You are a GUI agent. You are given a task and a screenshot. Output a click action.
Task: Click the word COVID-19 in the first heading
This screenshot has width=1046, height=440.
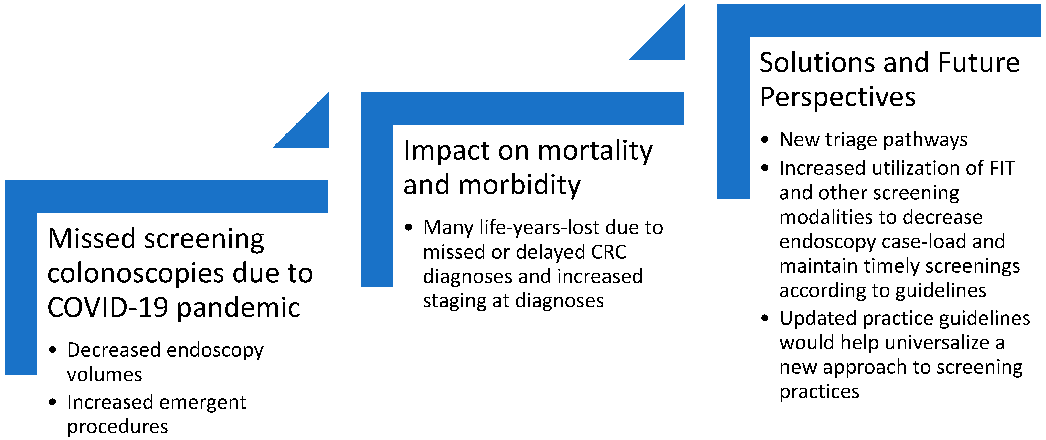click(108, 307)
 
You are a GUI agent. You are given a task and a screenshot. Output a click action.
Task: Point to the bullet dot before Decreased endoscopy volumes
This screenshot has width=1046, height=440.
click(52, 350)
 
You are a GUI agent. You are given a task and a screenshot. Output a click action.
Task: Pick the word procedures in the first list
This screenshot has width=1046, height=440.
click(117, 427)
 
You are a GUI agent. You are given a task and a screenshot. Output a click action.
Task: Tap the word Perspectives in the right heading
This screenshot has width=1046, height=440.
click(838, 97)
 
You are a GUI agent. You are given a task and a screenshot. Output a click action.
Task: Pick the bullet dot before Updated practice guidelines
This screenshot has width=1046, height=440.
click(765, 318)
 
